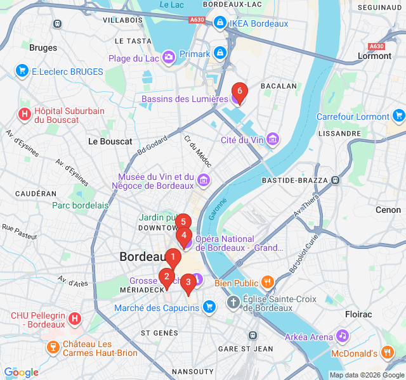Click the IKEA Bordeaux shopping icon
[x=219, y=23]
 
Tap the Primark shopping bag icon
[x=219, y=54]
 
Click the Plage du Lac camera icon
[x=169, y=58]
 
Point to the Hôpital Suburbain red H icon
[x=24, y=115]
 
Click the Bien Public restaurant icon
[x=268, y=282]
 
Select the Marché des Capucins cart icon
[x=210, y=308]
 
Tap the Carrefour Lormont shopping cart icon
[x=399, y=116]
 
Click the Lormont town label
[x=374, y=56]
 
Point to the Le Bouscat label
[x=110, y=141]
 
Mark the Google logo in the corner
[x=21, y=372]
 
